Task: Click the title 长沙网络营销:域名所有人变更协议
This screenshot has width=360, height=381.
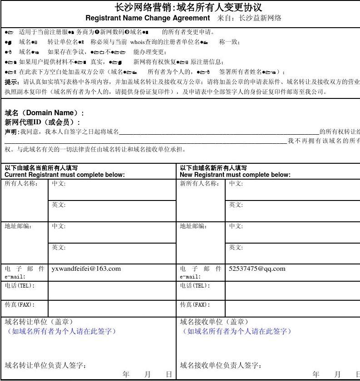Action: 188,7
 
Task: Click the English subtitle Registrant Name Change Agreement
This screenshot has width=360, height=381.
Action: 148,18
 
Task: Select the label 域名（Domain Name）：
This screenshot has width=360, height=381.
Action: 44,113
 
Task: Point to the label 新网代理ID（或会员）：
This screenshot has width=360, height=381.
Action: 43,122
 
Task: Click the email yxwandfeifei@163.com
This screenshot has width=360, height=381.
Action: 86,269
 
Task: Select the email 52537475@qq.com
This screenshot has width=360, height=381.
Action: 257,269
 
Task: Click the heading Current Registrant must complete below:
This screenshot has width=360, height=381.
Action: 64,175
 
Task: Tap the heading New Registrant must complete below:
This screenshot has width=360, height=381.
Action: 235,175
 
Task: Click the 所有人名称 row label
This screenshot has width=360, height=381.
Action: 21,184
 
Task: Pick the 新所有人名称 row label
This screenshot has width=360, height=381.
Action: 200,184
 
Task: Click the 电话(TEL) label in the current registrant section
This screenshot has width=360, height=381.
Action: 20,286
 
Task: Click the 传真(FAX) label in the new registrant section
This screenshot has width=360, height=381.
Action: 195,305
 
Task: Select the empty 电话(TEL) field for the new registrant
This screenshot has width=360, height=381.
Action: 292,290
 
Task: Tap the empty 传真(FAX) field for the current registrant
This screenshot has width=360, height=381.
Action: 112,308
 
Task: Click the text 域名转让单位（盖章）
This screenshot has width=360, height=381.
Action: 39,322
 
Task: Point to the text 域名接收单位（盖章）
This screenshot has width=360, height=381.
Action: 214,322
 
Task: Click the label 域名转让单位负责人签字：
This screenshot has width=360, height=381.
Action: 46,366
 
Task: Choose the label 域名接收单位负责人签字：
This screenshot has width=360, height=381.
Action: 221,366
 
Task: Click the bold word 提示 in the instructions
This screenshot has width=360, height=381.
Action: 12,82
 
